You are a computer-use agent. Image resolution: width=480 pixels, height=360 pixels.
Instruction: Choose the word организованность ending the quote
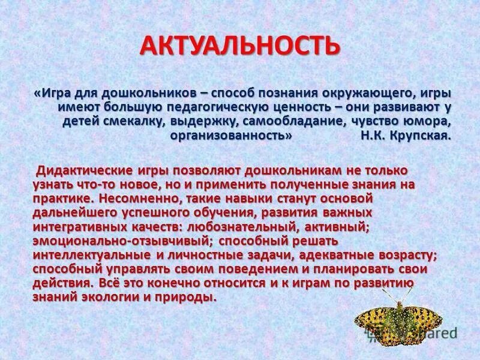point(227,135)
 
